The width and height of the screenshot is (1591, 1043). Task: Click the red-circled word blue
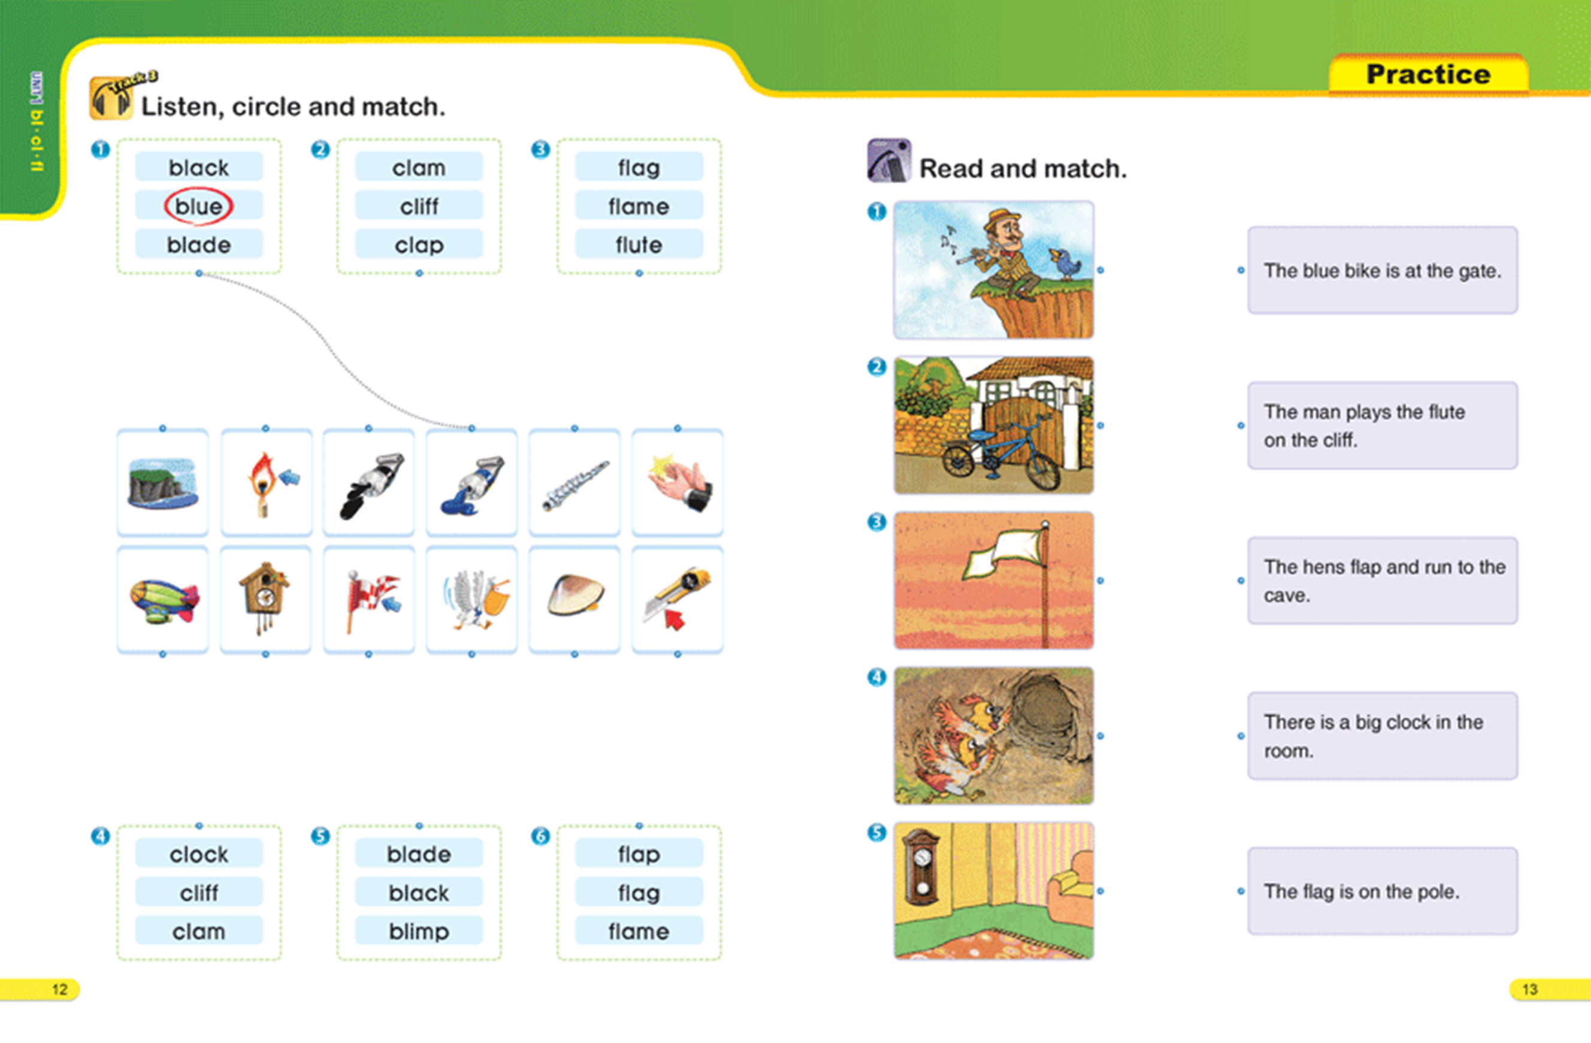[198, 206]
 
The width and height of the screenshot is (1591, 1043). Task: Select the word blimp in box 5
[419, 932]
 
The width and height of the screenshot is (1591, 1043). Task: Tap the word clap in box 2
[419, 246]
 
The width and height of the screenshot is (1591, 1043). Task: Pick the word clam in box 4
[198, 932]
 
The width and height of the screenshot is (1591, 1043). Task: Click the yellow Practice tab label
[1428, 74]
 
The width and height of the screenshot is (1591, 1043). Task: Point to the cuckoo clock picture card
[265, 599]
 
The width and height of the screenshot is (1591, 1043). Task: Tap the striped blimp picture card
[162, 599]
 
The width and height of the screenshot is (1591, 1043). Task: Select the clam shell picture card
[575, 599]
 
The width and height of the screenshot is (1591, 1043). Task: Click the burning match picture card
[266, 482]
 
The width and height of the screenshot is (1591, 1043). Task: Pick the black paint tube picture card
[369, 482]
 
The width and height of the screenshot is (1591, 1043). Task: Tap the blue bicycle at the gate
[1001, 451]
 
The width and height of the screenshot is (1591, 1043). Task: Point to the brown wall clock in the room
[921, 865]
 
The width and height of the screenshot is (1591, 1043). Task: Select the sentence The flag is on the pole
[1361, 891]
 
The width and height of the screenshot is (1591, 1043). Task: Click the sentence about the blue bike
[1383, 271]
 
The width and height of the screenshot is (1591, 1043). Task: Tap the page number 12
[59, 990]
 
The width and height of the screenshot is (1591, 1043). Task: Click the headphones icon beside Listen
[110, 99]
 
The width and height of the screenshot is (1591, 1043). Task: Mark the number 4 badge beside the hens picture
[876, 678]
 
